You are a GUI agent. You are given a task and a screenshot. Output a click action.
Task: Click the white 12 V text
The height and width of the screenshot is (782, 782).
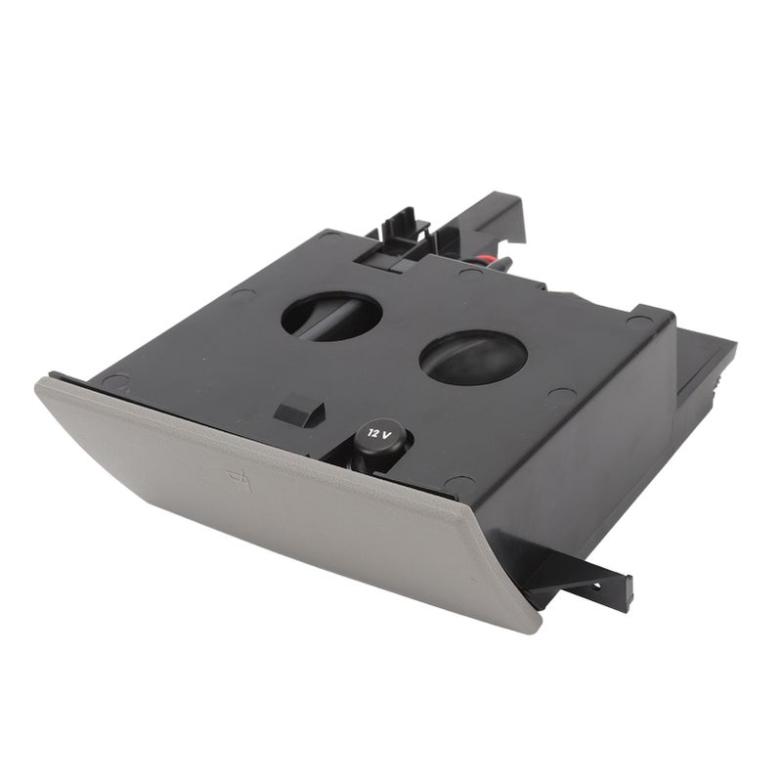click(379, 433)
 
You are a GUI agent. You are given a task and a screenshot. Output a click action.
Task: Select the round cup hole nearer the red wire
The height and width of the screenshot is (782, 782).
click(331, 316)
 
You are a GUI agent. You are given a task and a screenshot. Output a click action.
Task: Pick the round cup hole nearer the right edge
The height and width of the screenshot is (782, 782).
click(473, 357)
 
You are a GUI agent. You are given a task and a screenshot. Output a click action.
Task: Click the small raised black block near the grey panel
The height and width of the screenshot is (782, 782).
click(299, 410)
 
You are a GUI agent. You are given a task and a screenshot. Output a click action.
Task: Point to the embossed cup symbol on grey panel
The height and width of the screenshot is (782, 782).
click(240, 479)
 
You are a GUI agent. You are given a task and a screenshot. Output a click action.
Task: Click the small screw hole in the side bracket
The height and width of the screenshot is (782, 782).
click(595, 586)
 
